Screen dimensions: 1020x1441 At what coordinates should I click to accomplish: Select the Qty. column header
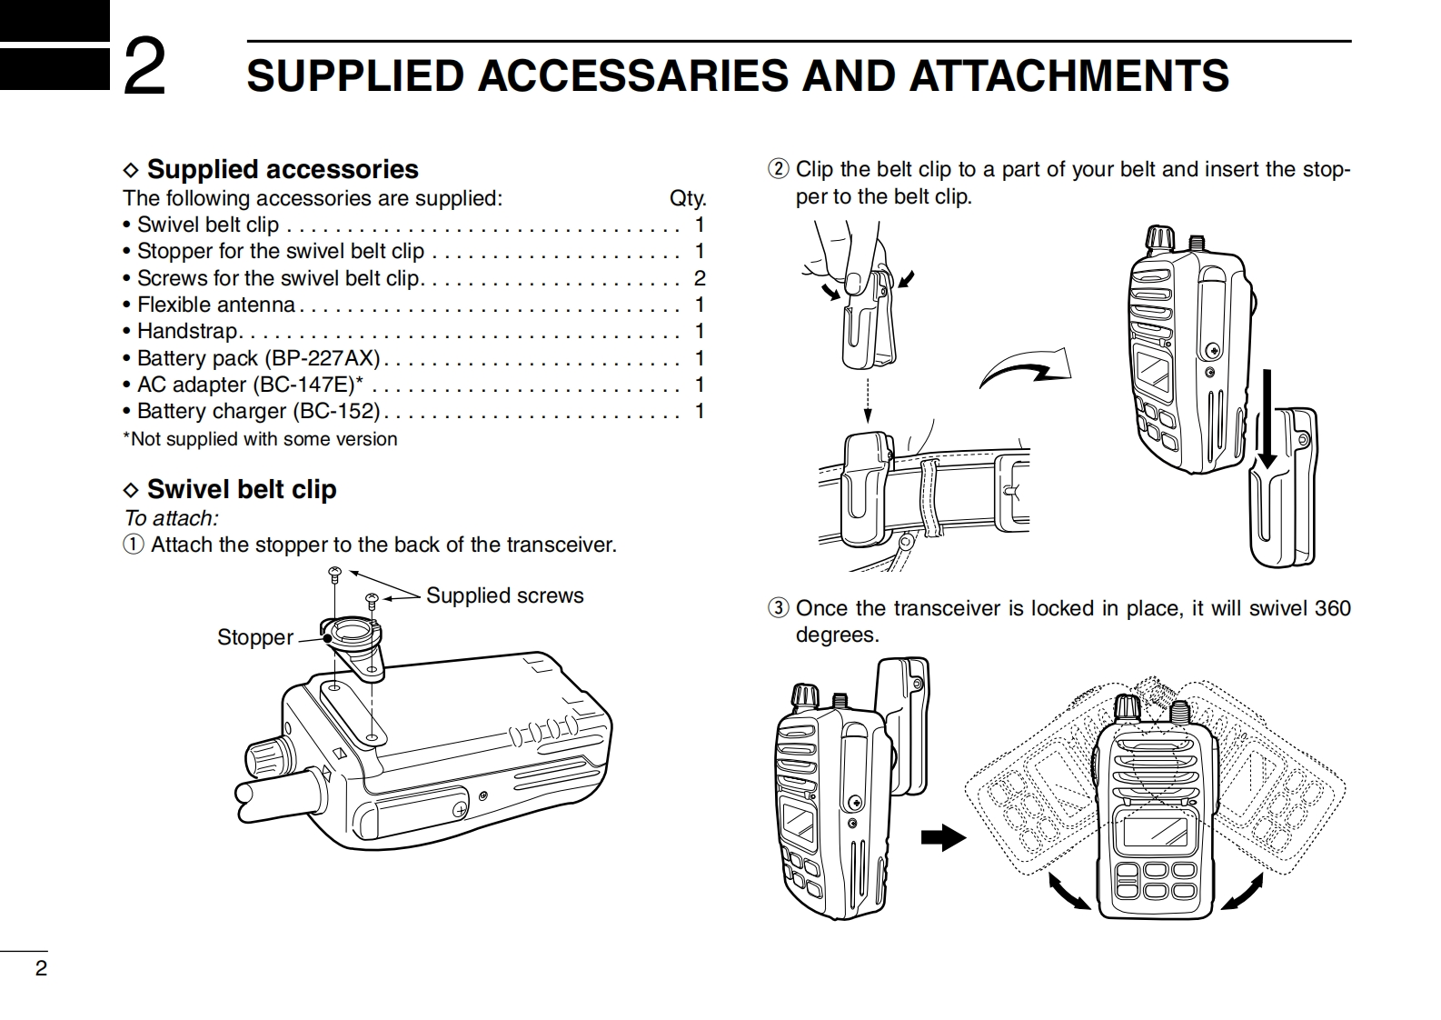[687, 198]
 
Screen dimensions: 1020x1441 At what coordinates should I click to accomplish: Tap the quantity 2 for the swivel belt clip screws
[700, 278]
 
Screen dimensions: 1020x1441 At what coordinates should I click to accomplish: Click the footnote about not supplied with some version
[261, 439]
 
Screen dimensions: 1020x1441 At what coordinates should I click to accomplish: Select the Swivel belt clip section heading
[241, 489]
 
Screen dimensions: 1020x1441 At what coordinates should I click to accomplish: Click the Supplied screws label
[504, 595]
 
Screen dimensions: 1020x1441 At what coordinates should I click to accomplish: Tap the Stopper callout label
[254, 637]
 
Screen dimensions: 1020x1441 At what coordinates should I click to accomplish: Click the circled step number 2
[779, 170]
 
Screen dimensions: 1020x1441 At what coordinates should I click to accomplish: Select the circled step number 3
[779, 608]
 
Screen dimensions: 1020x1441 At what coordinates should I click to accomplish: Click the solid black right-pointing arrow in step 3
[943, 836]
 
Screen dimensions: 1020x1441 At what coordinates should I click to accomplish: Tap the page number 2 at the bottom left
[41, 968]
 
